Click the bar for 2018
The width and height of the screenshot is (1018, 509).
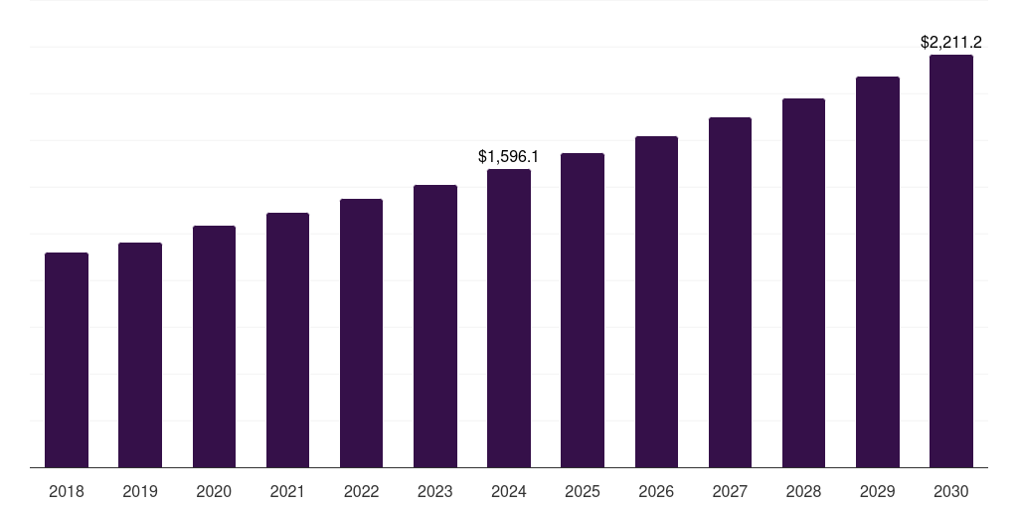tap(67, 360)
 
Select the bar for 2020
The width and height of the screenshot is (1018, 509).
tap(214, 346)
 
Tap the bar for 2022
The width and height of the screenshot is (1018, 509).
tap(361, 333)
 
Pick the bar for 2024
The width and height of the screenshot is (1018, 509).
tap(509, 318)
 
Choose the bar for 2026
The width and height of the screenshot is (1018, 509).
tap(656, 301)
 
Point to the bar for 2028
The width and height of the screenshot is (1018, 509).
tap(803, 282)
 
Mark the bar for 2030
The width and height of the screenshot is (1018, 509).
tap(951, 260)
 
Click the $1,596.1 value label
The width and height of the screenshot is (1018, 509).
tap(508, 156)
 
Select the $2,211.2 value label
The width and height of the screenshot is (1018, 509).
tap(951, 42)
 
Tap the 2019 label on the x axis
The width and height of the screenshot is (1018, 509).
tap(140, 491)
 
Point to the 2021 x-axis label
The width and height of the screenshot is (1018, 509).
tap(287, 491)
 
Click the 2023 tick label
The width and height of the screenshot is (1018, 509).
tap(434, 491)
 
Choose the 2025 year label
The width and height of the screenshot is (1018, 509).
tap(583, 491)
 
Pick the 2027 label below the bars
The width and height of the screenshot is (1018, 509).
tap(730, 491)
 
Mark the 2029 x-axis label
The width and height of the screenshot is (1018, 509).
tap(877, 491)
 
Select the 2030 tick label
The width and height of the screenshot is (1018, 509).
tap(951, 491)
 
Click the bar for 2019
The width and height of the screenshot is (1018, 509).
tap(140, 355)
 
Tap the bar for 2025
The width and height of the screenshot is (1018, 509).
tap(583, 310)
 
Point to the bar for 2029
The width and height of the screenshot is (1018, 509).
tap(877, 271)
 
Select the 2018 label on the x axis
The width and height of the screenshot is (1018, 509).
tap(67, 491)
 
